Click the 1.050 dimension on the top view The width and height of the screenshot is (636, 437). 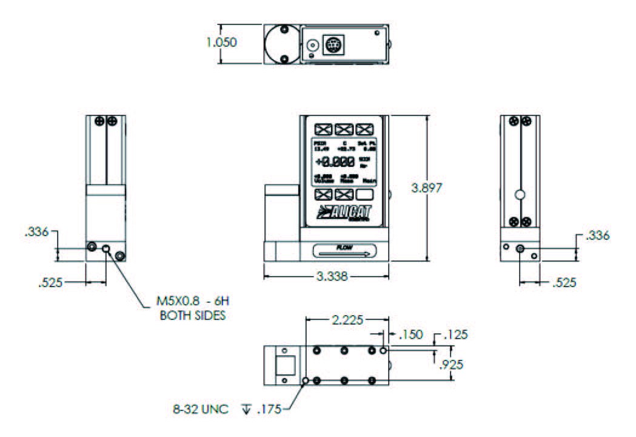pyautogui.click(x=222, y=43)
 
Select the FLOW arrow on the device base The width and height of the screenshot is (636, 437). pyautogui.click(x=344, y=250)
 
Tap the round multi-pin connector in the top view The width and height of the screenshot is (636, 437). pyautogui.click(x=333, y=46)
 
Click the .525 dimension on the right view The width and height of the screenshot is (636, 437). pyautogui.click(x=563, y=282)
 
